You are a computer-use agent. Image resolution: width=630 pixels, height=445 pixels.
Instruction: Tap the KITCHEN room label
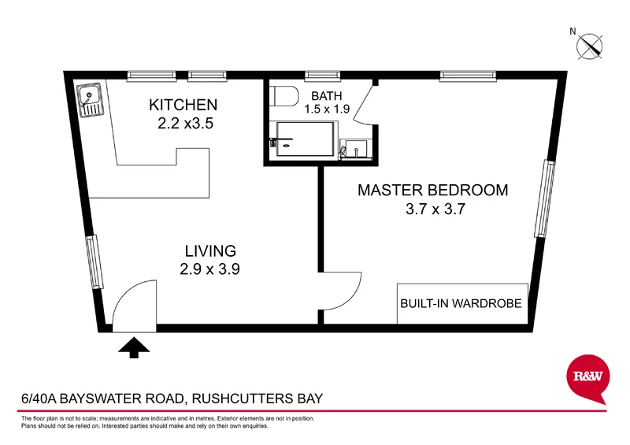tap(183, 105)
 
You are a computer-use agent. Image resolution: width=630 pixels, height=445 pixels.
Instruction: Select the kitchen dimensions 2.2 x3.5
tap(186, 123)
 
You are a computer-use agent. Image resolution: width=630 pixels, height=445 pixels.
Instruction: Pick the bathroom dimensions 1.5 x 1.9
tap(328, 109)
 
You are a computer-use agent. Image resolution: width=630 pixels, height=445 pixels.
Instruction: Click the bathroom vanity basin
tap(355, 148)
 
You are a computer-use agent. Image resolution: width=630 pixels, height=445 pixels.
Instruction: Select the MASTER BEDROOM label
tap(432, 190)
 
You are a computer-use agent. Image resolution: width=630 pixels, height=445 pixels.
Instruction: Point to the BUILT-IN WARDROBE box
tap(461, 303)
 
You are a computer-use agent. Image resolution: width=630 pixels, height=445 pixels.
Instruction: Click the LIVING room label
tap(210, 251)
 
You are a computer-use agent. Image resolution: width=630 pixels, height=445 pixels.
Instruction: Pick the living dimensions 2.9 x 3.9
tap(209, 269)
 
